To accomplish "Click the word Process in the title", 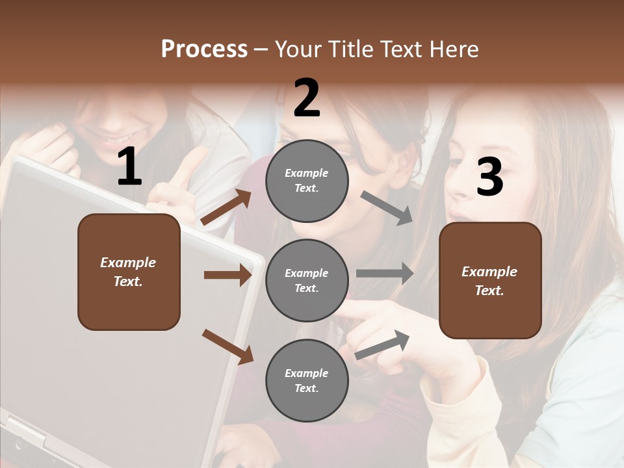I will click(204, 49).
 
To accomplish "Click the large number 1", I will click(129, 167).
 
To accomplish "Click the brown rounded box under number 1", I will click(129, 272).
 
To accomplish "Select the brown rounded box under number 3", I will click(490, 280).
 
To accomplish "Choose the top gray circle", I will click(307, 181).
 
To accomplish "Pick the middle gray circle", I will click(307, 280).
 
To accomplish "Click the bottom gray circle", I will click(307, 380).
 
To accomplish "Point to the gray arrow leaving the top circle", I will click(387, 207).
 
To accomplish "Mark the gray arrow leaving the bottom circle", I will click(383, 344).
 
